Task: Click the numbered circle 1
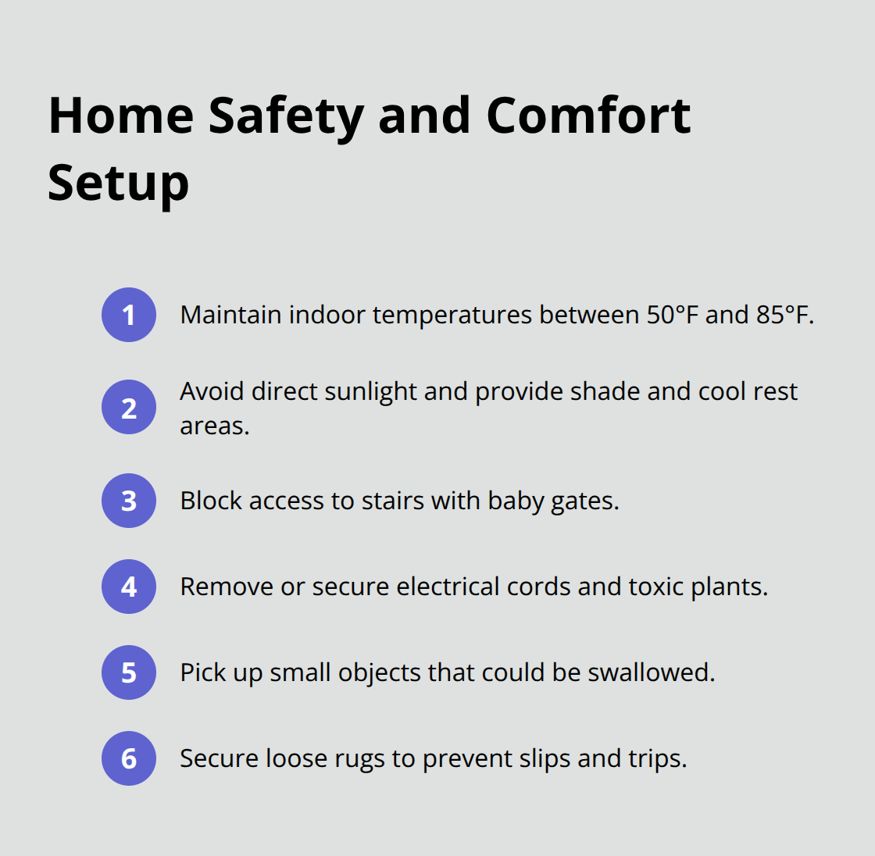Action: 128,315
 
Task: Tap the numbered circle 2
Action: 128,408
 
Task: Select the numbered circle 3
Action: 128,501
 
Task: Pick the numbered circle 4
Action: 128,587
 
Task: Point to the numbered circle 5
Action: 128,672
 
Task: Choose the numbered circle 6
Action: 128,758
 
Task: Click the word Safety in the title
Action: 286,118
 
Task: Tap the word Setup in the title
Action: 118,184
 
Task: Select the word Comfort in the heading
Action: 589,116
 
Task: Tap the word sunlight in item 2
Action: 370,392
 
